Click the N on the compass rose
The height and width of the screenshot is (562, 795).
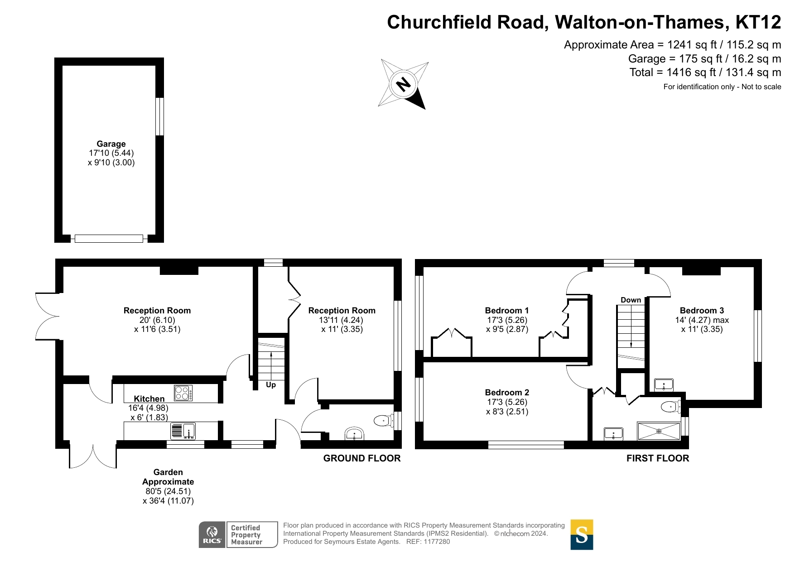point(403,84)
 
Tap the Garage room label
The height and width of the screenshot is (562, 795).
point(111,144)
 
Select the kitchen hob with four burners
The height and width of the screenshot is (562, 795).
point(183,393)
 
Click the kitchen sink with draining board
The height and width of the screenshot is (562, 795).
point(183,431)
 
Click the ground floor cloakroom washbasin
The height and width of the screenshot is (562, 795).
point(354,433)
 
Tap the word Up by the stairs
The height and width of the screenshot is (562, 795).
point(271,385)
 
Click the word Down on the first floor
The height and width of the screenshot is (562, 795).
point(631,300)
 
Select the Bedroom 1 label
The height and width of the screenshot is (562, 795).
point(507,311)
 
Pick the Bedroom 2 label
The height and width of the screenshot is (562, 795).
point(507,393)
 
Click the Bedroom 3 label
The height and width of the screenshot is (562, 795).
point(702,311)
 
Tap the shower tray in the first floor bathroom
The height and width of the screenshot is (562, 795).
point(659,431)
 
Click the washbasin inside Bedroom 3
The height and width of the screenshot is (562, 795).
point(664,385)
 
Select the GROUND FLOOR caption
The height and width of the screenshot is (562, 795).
point(362,458)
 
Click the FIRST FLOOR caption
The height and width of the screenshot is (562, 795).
point(658,458)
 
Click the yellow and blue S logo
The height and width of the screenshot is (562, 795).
point(582,535)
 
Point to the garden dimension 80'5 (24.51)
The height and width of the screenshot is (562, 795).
point(168,491)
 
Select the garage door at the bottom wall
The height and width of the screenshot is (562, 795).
point(109,239)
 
